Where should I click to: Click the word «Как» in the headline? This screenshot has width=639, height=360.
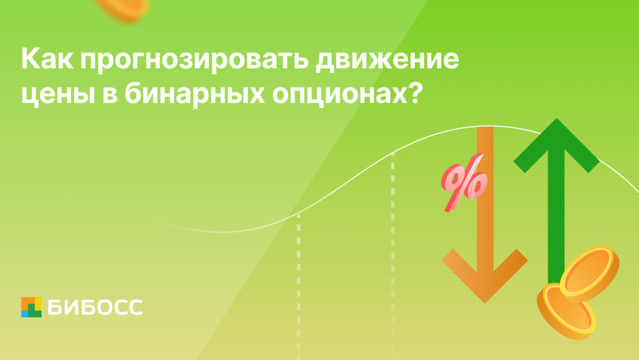click(x=47, y=59)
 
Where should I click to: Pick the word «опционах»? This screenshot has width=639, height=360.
click(x=339, y=96)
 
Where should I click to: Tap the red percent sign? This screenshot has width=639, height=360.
click(x=464, y=182)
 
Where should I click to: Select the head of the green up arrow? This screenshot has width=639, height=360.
click(x=557, y=145)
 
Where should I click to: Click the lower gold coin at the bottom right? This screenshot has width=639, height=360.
click(x=566, y=311)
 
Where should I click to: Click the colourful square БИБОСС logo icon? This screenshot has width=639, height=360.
click(x=31, y=307)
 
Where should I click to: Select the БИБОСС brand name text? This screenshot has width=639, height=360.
click(x=95, y=307)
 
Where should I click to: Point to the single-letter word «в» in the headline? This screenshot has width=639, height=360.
click(x=110, y=96)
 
